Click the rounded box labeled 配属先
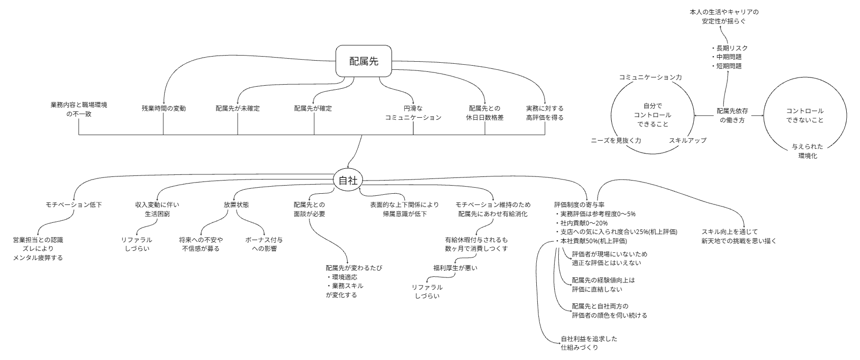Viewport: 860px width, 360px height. point(363,61)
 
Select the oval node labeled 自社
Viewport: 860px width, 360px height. point(348,180)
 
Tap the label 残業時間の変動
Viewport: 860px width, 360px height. point(164,109)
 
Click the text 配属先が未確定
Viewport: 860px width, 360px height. point(238,109)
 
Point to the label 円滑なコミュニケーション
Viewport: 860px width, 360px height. point(413,113)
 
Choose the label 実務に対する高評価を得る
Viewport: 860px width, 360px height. point(544,113)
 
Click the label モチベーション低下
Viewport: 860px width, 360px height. point(74,204)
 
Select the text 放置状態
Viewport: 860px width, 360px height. point(237,204)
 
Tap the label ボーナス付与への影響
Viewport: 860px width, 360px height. point(264,244)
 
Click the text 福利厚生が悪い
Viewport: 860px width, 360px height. point(455,268)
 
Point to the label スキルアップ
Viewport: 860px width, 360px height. point(687,140)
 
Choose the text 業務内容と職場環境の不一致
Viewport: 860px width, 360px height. point(79,109)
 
